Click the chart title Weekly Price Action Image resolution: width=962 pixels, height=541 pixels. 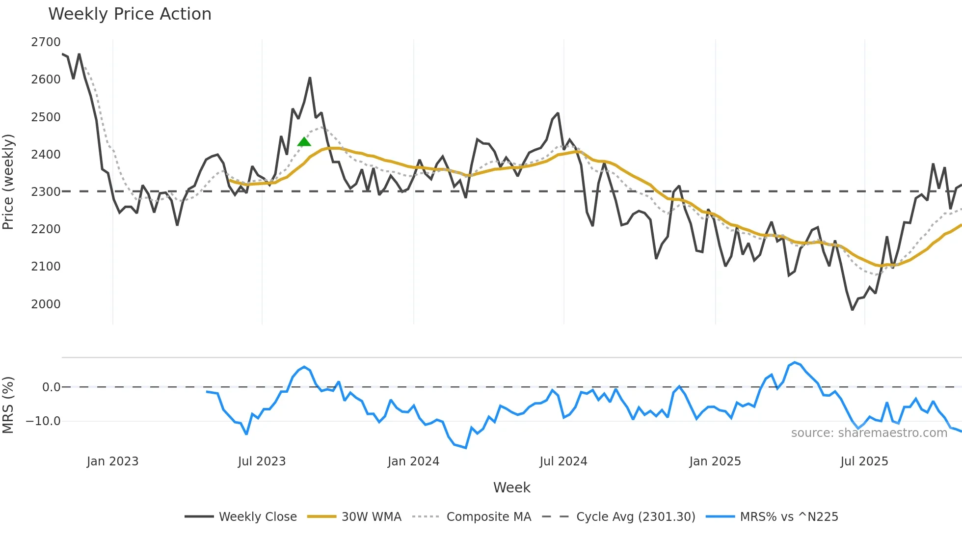[x=130, y=14]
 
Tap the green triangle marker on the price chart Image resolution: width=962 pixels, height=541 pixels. [x=304, y=142]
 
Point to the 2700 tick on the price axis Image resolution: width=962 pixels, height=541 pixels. [x=46, y=42]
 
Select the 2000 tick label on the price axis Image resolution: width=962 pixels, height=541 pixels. [x=46, y=304]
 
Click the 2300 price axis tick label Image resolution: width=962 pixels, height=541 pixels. [x=46, y=191]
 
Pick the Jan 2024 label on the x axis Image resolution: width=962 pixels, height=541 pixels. [x=413, y=461]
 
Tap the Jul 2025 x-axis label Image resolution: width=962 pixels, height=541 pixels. [x=864, y=461]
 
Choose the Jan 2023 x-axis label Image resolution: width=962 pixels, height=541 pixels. [x=112, y=461]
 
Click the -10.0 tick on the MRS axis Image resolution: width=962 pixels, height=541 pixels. [x=43, y=421]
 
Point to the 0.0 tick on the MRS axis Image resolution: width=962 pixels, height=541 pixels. [x=51, y=387]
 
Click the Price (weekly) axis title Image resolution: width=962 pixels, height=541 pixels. [x=8, y=182]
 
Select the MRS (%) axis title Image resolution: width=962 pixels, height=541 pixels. [x=8, y=405]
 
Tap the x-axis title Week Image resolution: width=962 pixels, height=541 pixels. [x=511, y=487]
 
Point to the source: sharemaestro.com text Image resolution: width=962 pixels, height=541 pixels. [x=869, y=433]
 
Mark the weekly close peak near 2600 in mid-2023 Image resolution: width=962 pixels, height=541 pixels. [x=310, y=78]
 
